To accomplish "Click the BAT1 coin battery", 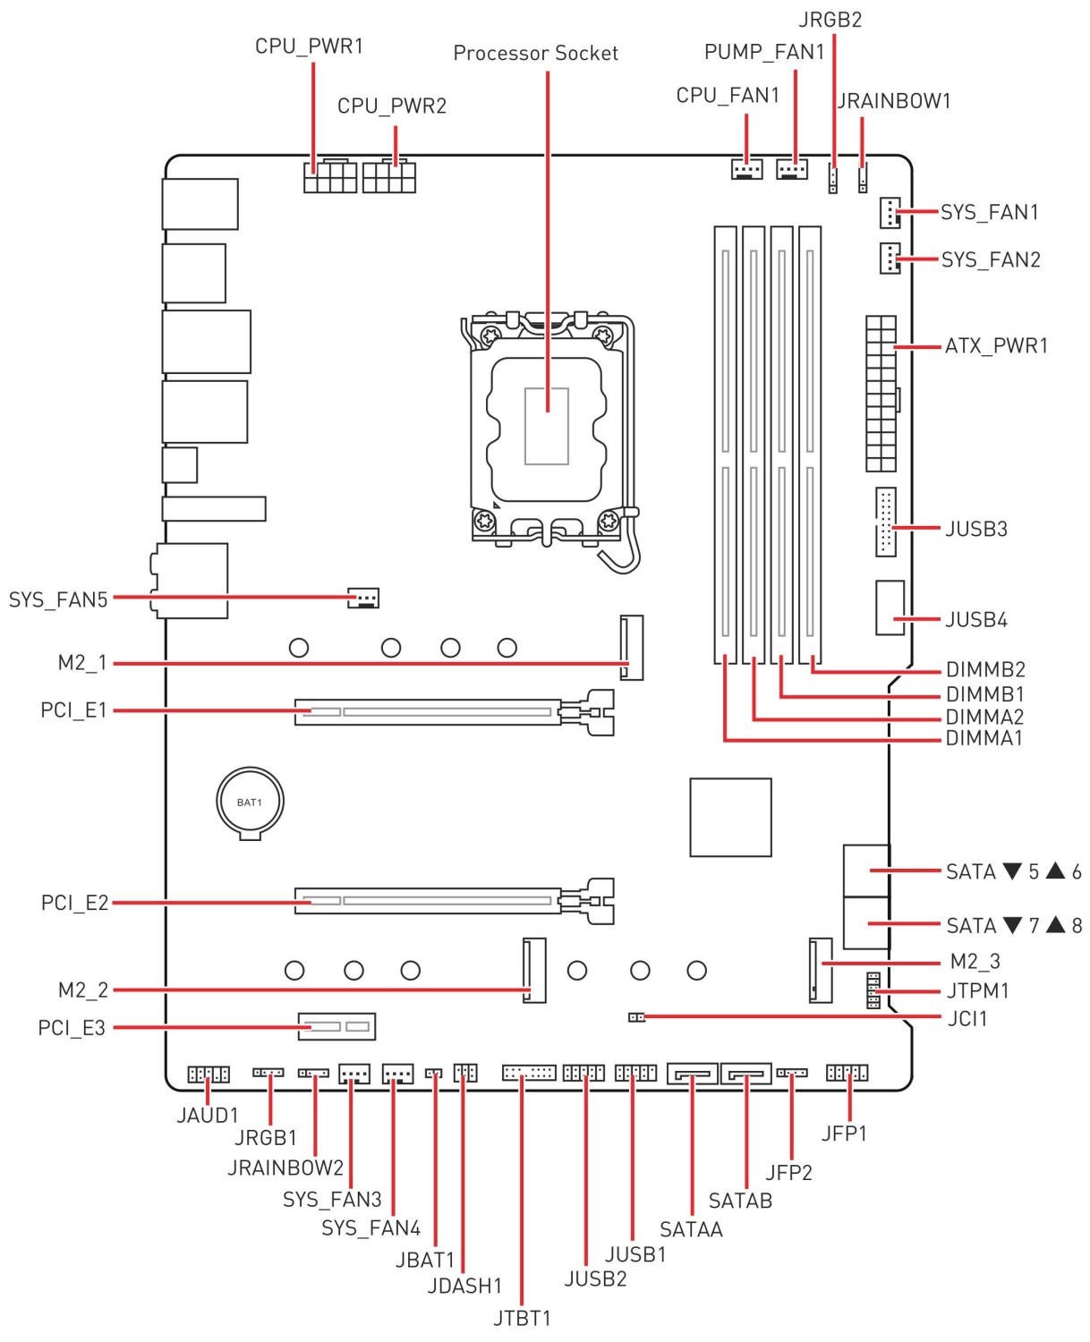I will tap(250, 802).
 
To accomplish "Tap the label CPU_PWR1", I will tap(309, 47).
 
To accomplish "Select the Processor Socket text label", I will tap(535, 54).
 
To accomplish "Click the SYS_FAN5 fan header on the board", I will tap(363, 597).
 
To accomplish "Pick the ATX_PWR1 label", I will tap(996, 346).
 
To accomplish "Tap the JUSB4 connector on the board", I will tap(890, 607).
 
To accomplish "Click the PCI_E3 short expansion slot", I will tap(336, 1025).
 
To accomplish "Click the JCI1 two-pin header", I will tap(636, 1017).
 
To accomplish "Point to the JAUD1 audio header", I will tap(209, 1074).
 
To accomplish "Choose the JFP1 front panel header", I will tap(847, 1072).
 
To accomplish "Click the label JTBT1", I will tap(522, 1318).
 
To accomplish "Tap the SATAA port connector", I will tap(693, 1072).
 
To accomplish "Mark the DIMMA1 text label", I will tap(984, 739).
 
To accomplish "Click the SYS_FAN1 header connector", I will tap(889, 212).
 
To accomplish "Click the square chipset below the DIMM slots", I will tap(730, 817).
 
